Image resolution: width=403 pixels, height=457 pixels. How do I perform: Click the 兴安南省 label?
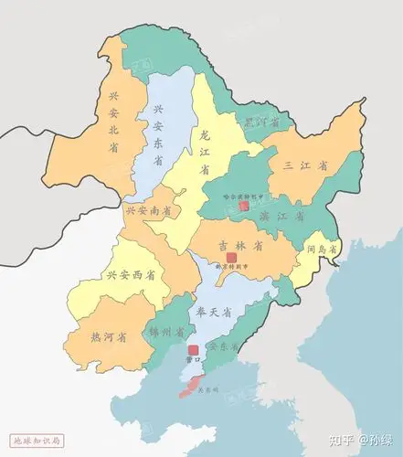click(x=148, y=210)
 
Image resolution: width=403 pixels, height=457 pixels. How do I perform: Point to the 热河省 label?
click(x=109, y=337)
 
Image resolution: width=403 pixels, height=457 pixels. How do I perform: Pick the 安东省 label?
click(x=223, y=347)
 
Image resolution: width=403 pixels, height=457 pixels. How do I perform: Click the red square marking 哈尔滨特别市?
click(x=244, y=207)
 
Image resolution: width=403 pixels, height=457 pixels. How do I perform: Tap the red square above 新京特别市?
click(x=231, y=259)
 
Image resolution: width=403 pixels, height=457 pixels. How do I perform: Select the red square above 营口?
click(x=193, y=351)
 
